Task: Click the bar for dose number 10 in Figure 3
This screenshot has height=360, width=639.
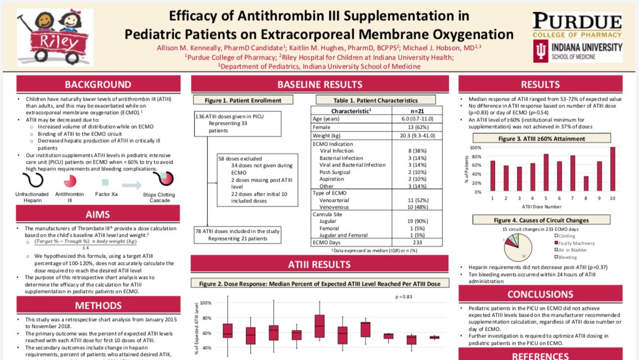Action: coord(613,169)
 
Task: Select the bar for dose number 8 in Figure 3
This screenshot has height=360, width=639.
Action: coord(586,184)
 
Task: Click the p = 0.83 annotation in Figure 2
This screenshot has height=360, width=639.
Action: coord(403,296)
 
